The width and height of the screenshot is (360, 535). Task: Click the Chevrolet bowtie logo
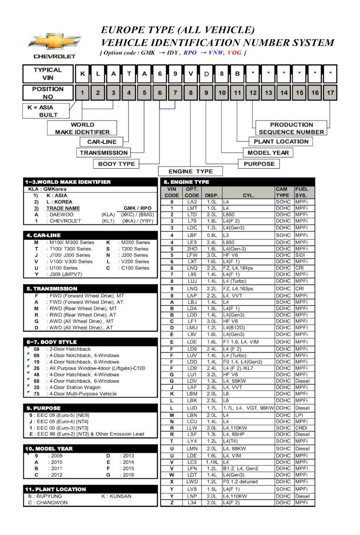click(54, 42)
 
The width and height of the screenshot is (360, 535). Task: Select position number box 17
click(330, 93)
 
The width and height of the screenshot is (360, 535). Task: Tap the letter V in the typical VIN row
click(190, 73)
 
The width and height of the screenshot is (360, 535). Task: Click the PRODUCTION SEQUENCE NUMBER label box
click(291, 128)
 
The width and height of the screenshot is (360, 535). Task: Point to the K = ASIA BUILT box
click(46, 111)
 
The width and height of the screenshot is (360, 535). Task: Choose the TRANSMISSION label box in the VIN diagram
click(103, 153)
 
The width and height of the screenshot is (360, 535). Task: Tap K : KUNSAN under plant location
click(116, 496)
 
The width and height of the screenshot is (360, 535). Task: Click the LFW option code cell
click(192, 255)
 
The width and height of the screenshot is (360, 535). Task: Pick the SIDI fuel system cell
click(301, 255)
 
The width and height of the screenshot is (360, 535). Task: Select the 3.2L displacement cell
click(212, 375)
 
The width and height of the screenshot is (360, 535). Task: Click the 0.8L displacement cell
click(212, 235)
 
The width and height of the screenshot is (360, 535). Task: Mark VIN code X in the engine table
click(172, 482)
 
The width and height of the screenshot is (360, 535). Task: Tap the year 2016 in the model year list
click(128, 475)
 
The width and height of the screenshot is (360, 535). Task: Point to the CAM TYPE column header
click(283, 192)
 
